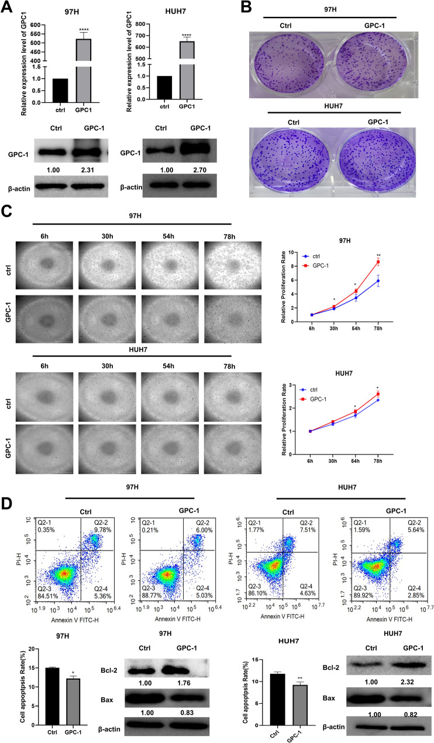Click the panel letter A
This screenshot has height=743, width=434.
pos(8,8)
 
